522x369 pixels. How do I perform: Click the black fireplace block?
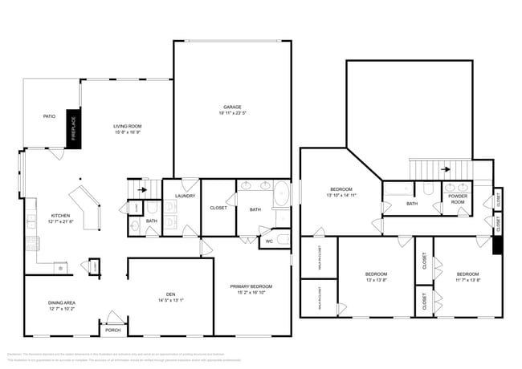(73, 125)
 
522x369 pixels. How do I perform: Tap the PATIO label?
(49, 116)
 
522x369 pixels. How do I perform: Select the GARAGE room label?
(232, 107)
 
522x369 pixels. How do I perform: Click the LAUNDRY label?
(186, 195)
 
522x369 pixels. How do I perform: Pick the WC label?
(269, 240)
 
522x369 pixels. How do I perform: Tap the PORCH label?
(112, 329)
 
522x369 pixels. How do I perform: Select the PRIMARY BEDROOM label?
(251, 286)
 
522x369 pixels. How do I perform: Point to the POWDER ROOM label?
(458, 198)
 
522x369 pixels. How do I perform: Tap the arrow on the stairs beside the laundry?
(143, 190)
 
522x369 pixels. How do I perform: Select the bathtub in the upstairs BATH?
(398, 190)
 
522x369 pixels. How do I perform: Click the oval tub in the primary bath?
(282, 195)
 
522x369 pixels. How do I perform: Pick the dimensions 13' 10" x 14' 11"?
(341, 195)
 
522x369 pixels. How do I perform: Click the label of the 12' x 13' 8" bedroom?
(376, 274)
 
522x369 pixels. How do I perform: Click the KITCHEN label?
(61, 215)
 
